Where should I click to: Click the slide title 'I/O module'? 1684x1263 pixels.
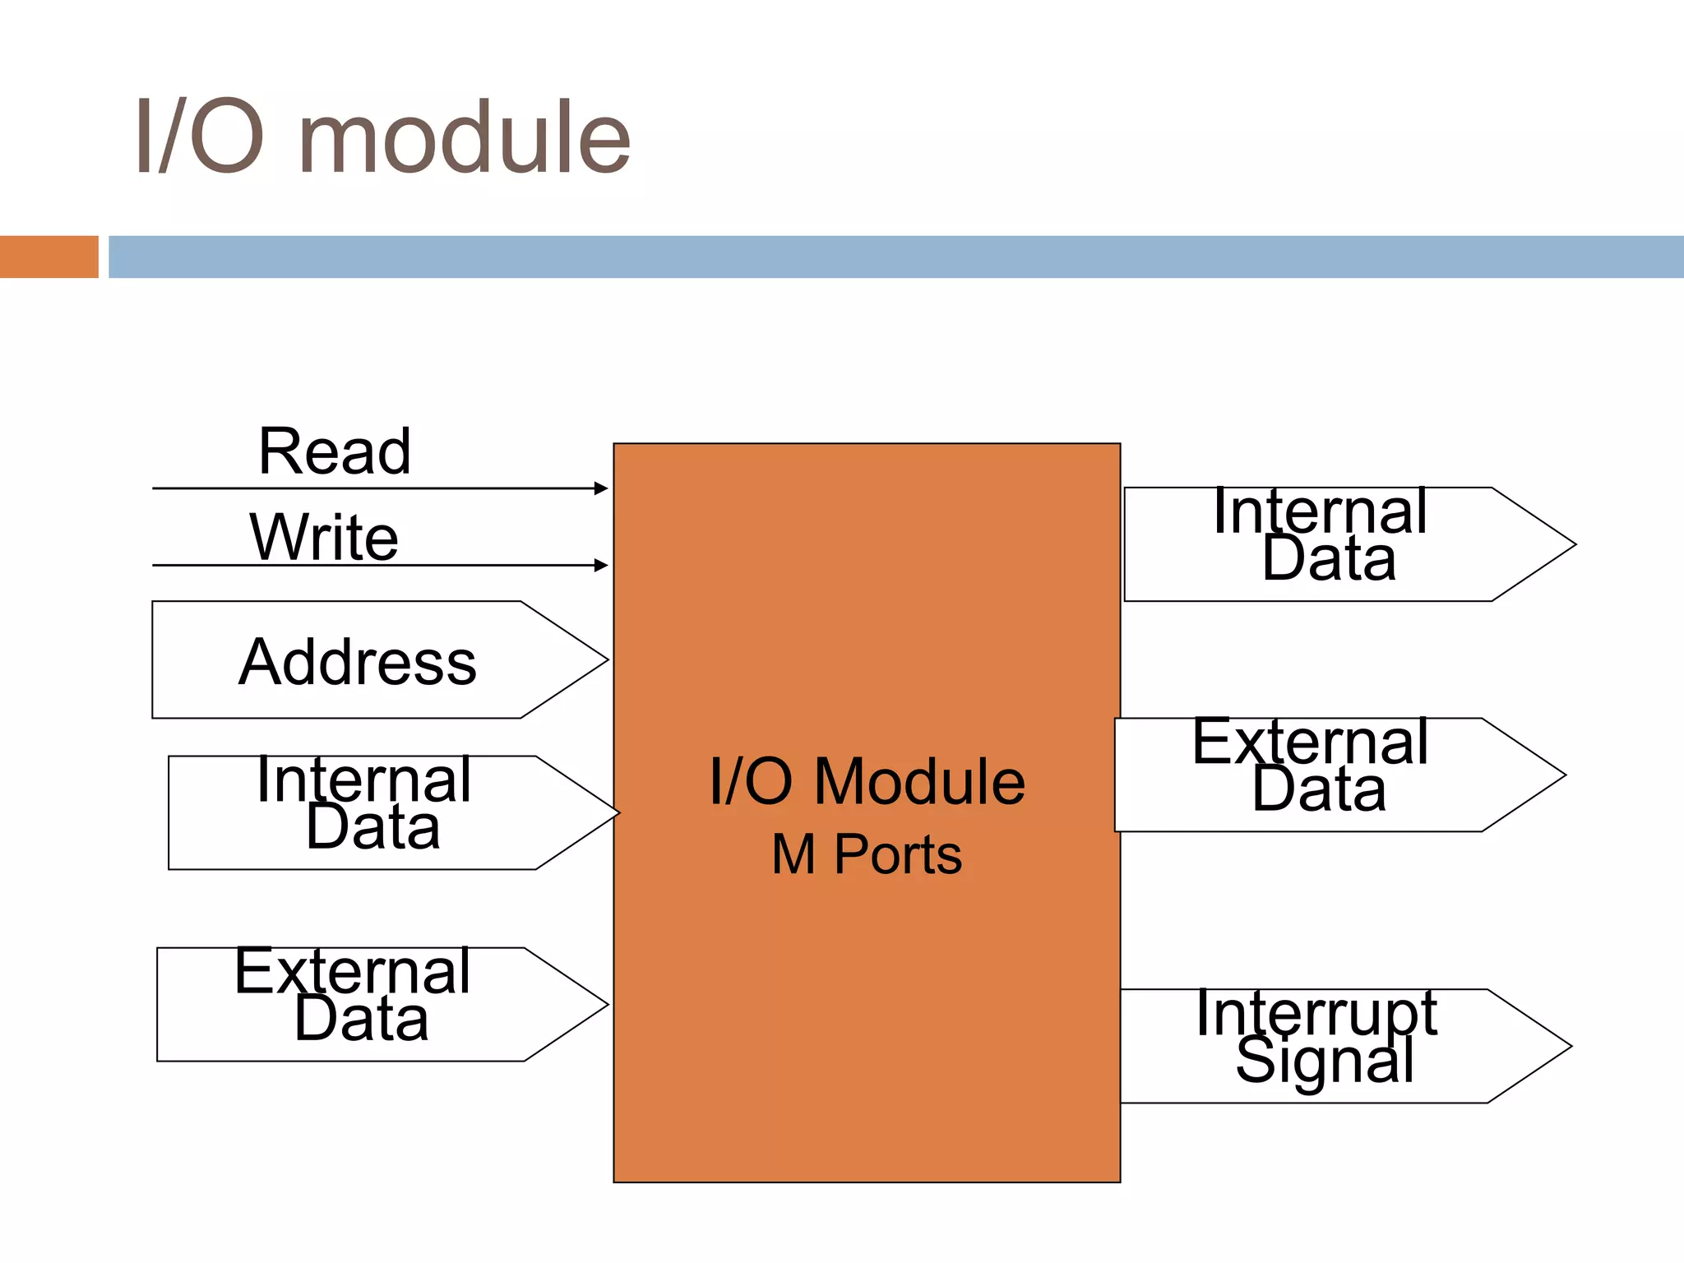[x=382, y=138]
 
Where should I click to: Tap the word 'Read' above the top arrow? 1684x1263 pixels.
[x=335, y=451]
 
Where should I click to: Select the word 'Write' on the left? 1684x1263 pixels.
[x=324, y=537]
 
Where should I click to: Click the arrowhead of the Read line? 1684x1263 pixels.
[x=602, y=488]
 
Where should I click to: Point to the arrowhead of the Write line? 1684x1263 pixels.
[x=602, y=566]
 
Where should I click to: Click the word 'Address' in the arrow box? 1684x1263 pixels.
[x=358, y=662]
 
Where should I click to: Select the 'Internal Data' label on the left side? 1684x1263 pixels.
[x=364, y=803]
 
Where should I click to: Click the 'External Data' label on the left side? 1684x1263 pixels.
[x=354, y=995]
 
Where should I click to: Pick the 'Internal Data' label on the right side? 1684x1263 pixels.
[x=1321, y=534]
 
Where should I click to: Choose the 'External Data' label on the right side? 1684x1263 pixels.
[x=1311, y=766]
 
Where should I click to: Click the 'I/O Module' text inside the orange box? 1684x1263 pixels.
[x=867, y=781]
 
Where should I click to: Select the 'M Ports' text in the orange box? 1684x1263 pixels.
[x=867, y=854]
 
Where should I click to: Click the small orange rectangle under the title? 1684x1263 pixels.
[x=49, y=257]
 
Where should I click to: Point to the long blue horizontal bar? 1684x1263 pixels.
[x=896, y=257]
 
